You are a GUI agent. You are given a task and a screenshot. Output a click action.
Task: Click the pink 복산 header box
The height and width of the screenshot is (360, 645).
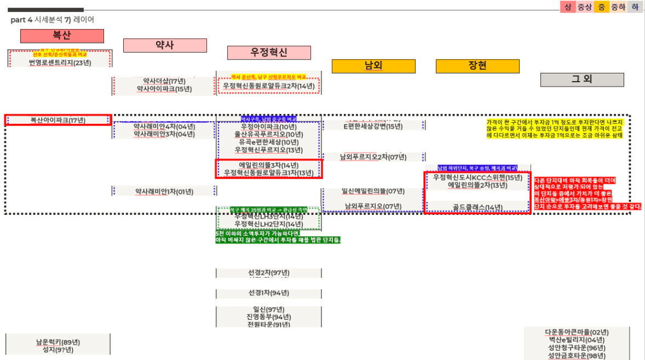[62, 36]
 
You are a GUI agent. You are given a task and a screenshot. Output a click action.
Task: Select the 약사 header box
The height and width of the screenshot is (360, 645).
[165, 45]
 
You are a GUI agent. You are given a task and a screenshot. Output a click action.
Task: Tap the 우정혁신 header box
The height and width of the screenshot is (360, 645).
[269, 53]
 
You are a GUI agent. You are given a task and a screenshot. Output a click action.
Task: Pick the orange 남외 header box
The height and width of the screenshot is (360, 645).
[373, 66]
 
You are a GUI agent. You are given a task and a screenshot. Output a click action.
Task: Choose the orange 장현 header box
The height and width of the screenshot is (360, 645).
[477, 66]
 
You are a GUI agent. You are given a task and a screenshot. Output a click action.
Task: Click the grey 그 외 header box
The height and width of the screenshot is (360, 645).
[581, 79]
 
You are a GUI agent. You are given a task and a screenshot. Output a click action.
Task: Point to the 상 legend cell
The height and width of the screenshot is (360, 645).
[568, 7]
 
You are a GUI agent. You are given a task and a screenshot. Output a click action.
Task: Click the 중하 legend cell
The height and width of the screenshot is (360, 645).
[618, 7]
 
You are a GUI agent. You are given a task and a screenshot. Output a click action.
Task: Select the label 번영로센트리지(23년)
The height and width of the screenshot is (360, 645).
[60, 62]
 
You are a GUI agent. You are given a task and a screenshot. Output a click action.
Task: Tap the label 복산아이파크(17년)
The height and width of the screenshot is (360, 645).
[57, 120]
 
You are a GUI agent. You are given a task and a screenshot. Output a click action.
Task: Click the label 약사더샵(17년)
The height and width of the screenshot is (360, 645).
[164, 81]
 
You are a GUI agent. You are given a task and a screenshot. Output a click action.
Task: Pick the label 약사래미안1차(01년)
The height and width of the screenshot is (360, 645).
[164, 192]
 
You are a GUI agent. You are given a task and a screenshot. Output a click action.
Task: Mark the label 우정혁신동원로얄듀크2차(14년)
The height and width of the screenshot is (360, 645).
[268, 86]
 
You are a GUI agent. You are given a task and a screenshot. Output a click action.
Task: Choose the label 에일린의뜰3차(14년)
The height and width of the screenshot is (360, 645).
[269, 165]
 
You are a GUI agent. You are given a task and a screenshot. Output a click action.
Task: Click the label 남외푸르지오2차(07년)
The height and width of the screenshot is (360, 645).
[373, 157]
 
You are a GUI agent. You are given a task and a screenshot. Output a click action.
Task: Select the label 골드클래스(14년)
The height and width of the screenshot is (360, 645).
[477, 208]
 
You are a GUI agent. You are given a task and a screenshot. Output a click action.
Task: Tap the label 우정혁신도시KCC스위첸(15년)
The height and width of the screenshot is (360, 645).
[477, 178]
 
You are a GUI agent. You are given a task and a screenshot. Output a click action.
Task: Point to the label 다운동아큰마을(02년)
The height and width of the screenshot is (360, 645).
[577, 332]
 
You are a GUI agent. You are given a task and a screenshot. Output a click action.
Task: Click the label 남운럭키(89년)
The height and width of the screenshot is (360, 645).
[58, 342]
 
